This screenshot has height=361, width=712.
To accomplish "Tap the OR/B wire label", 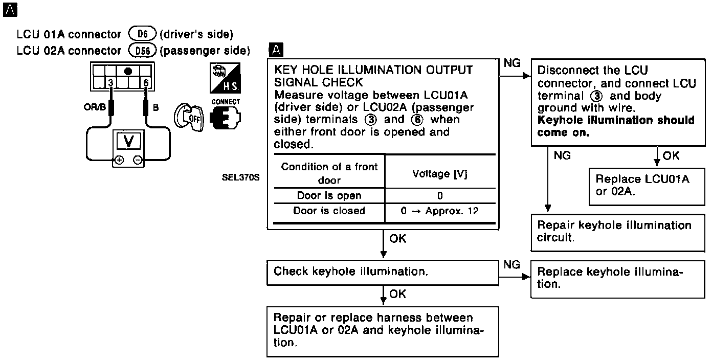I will click(x=94, y=108).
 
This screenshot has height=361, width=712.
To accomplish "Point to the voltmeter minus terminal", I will click(x=138, y=160).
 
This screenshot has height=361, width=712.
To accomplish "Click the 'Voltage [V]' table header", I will click(x=440, y=174).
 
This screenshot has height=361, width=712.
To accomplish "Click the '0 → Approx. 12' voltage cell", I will click(x=440, y=211).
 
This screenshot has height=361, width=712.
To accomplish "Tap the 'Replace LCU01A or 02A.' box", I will click(x=647, y=186).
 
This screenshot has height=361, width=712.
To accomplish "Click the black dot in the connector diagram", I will click(x=128, y=71).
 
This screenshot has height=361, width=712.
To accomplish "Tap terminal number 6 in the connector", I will click(x=146, y=83).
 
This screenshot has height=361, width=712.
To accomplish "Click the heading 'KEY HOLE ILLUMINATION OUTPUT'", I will click(x=374, y=70).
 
